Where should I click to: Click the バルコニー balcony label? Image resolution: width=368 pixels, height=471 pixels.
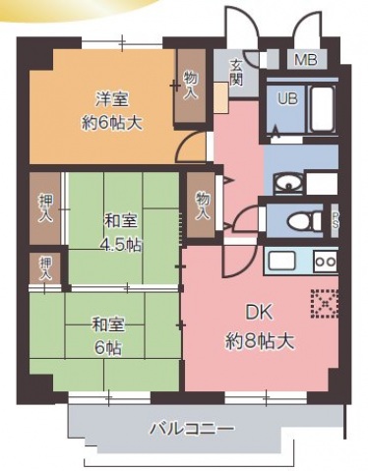click(192, 430)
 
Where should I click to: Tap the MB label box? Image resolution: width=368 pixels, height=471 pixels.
click(305, 61)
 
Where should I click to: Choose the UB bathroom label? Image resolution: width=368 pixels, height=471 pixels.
click(287, 98)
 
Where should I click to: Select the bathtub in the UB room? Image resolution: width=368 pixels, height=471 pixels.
click(321, 108)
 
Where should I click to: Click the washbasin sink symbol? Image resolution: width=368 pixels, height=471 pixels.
click(288, 183)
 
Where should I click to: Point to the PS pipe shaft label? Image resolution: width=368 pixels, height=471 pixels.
click(335, 219)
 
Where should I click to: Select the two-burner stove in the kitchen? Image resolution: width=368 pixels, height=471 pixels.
click(325, 261)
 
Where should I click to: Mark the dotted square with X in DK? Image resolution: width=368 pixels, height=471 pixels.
click(324, 304)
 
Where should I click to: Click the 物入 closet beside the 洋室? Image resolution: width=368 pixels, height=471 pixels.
click(190, 88)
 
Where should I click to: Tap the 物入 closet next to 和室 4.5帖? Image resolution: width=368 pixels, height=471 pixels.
click(202, 205)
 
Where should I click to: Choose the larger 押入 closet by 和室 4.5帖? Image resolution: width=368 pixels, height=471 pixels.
click(45, 207)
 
